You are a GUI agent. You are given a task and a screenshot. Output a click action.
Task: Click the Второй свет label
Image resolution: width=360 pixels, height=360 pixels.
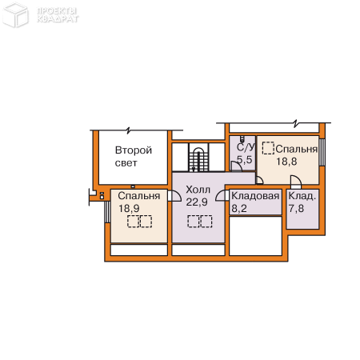134,156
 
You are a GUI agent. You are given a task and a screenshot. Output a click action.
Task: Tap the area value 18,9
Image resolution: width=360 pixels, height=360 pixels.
129,208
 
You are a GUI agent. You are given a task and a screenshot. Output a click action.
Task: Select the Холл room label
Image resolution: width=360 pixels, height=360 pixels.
198,190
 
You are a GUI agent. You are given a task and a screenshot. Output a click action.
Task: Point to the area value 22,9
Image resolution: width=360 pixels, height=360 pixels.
197,202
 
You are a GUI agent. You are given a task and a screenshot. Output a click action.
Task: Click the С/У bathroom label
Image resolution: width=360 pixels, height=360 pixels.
246,147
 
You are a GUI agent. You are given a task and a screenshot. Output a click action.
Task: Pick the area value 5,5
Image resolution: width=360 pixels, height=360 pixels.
245,159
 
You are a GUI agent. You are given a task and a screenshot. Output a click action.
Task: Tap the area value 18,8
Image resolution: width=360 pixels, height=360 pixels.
286,162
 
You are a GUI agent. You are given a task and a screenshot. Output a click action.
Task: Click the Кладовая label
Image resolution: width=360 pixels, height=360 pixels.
255,196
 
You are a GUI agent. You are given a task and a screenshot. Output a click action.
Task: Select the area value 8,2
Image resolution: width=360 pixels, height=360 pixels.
239,208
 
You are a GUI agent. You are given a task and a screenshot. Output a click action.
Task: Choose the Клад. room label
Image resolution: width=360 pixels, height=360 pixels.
302,196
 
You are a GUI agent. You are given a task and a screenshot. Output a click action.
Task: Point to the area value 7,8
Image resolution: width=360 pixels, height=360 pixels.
296,208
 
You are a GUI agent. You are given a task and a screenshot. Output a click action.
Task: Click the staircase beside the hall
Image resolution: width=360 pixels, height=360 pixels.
198,158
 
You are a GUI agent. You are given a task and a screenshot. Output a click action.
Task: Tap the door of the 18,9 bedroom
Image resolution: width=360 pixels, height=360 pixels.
174,196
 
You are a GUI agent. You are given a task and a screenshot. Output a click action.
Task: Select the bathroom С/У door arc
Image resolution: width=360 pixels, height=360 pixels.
236,166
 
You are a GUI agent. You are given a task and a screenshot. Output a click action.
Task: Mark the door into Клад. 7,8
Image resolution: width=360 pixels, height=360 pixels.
296,182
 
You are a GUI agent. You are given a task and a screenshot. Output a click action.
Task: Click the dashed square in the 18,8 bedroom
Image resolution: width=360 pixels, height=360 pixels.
268,148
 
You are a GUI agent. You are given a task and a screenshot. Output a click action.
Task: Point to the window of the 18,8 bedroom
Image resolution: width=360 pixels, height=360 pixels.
322,152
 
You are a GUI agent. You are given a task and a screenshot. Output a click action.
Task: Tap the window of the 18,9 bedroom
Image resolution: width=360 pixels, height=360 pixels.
107,212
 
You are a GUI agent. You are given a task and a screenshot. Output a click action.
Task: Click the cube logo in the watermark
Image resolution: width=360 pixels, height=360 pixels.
15,14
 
